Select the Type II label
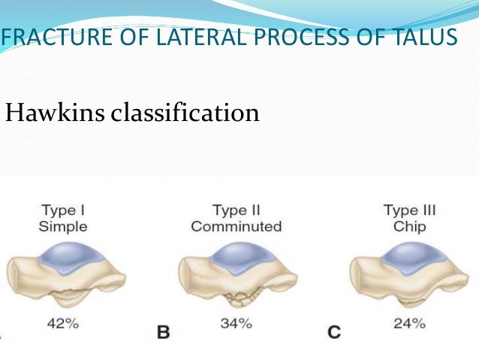(x=236, y=210)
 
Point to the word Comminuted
(x=236, y=225)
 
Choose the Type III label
(x=409, y=210)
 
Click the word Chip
(x=409, y=225)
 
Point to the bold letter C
(x=334, y=331)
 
